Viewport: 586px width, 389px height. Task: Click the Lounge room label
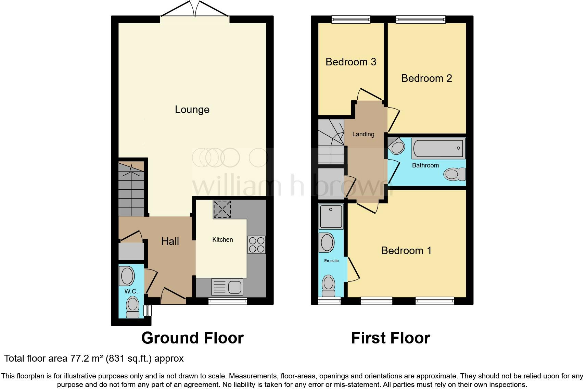192,110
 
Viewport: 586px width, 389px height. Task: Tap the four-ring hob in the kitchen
257,244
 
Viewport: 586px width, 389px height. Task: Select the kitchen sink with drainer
227,287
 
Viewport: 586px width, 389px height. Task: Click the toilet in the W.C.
133,307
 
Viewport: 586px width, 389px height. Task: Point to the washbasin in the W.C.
127,276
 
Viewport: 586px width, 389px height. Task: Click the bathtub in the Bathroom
438,148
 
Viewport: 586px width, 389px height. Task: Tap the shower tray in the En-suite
331,216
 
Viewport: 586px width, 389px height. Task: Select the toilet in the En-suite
329,286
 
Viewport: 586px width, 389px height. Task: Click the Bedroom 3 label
351,62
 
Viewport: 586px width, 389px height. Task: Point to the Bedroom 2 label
426,78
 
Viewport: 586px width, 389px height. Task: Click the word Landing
363,134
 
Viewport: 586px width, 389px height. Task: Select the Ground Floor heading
192,338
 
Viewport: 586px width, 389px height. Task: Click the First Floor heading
391,338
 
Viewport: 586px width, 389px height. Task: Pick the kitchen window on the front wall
228,301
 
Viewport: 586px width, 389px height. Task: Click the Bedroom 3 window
351,20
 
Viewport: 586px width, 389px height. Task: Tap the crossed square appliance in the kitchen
222,209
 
